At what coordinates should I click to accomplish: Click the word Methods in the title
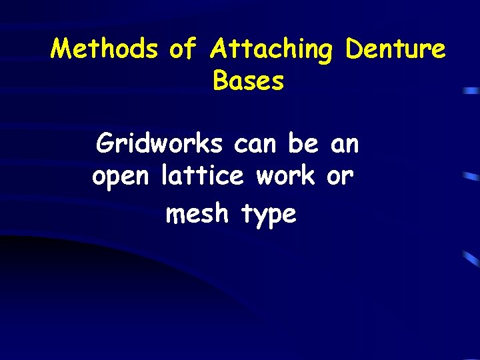(105, 49)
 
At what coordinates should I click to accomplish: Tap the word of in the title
(183, 49)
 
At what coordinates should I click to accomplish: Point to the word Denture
(395, 49)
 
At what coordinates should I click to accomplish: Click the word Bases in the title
(249, 81)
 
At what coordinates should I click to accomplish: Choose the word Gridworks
(159, 142)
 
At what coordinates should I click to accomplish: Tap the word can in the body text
(257, 142)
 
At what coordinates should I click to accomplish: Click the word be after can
(304, 142)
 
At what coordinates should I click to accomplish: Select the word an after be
(344, 143)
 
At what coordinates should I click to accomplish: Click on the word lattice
(203, 176)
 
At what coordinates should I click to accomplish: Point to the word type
(268, 215)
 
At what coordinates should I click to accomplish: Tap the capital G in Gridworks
(105, 143)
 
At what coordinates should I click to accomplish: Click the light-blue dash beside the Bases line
(472, 89)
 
